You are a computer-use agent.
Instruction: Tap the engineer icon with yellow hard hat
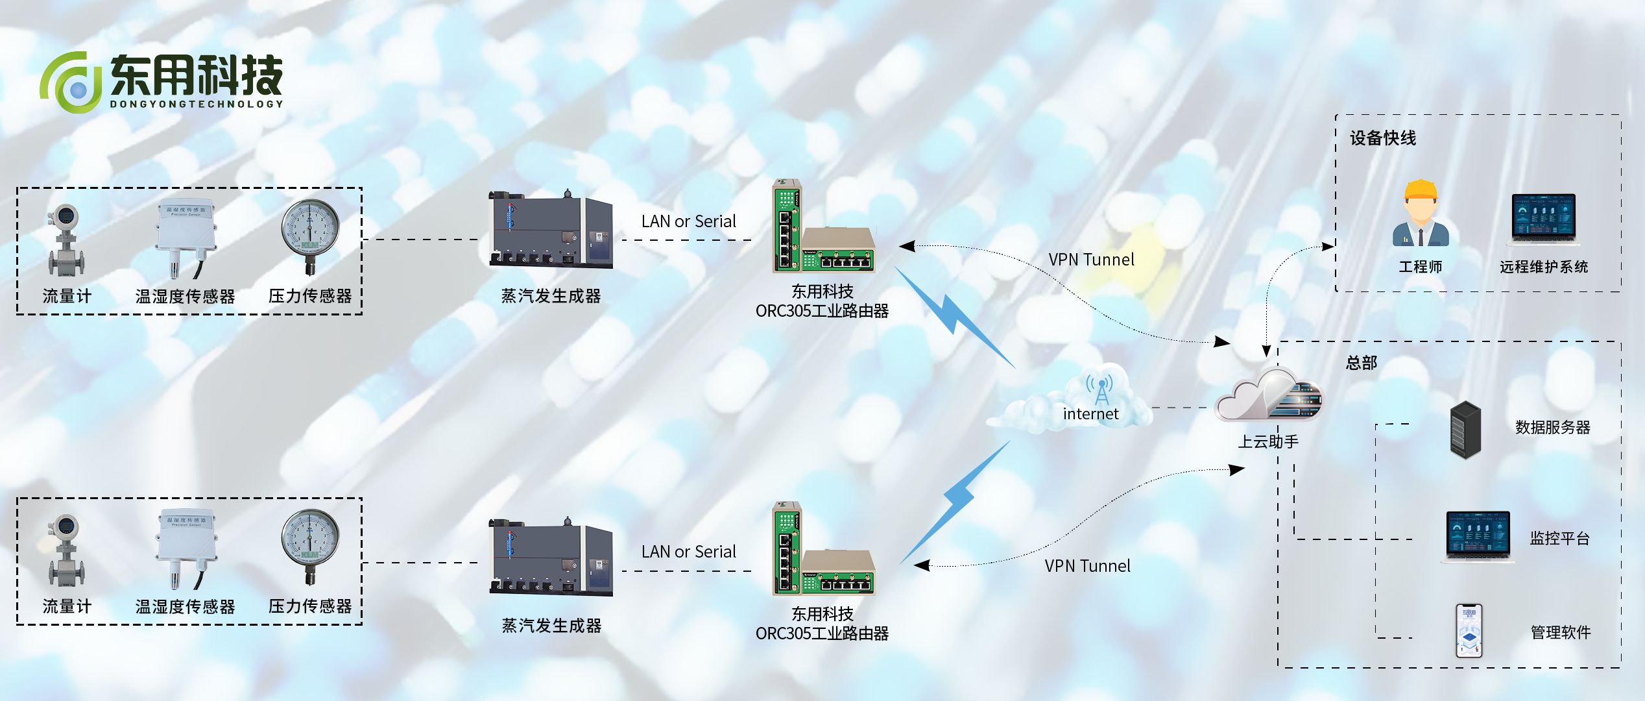tap(1421, 214)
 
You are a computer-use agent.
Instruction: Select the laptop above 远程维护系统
tap(1543, 219)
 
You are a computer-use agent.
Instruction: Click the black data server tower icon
tap(1465, 430)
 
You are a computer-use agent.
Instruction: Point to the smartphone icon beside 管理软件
tap(1469, 631)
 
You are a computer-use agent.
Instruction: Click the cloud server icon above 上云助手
tap(1268, 396)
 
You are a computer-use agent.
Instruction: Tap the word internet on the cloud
tap(1090, 414)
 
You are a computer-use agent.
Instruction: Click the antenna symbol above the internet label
tap(1100, 388)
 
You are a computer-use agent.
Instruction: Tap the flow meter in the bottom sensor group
tap(66, 550)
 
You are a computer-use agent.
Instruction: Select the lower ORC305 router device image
tap(822, 552)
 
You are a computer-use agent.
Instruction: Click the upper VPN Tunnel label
tap(1091, 260)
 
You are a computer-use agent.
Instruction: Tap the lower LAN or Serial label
tap(688, 552)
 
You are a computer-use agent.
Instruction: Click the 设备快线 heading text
tap(1382, 138)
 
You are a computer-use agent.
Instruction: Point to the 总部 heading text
tap(1361, 363)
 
